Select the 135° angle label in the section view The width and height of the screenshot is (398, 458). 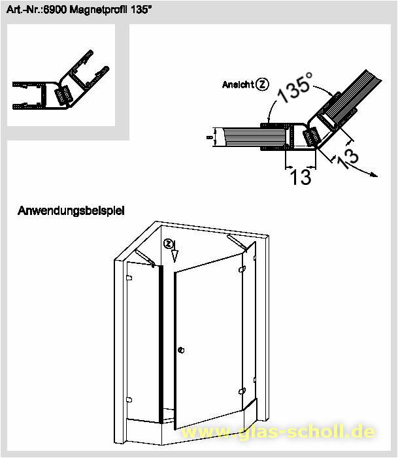pyautogui.click(x=295, y=88)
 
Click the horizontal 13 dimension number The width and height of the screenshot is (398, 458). pyautogui.click(x=301, y=176)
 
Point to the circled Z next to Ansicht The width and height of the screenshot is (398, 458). pyautogui.click(x=262, y=84)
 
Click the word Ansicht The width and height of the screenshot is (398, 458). pyautogui.click(x=238, y=85)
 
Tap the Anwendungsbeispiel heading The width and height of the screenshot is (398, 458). pyautogui.click(x=71, y=210)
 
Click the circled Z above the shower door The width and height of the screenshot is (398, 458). pyautogui.click(x=168, y=244)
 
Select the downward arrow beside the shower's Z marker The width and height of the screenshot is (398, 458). pyautogui.click(x=174, y=252)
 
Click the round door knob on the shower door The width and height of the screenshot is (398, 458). pyautogui.click(x=181, y=350)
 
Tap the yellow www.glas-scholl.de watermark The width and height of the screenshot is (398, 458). pyautogui.click(x=278, y=431)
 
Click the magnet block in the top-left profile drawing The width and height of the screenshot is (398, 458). pyautogui.click(x=63, y=95)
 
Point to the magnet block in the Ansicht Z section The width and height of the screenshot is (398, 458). pyautogui.click(x=311, y=137)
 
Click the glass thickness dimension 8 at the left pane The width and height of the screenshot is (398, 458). pyautogui.click(x=209, y=137)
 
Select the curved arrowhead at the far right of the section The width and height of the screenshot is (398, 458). pyautogui.click(x=374, y=175)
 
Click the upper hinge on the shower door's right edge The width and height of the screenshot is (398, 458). pyautogui.click(x=242, y=269)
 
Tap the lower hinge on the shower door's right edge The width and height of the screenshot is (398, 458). pyautogui.click(x=242, y=391)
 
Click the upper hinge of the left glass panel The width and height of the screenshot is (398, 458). pyautogui.click(x=129, y=278)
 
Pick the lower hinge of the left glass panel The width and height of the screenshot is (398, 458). pyautogui.click(x=129, y=400)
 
